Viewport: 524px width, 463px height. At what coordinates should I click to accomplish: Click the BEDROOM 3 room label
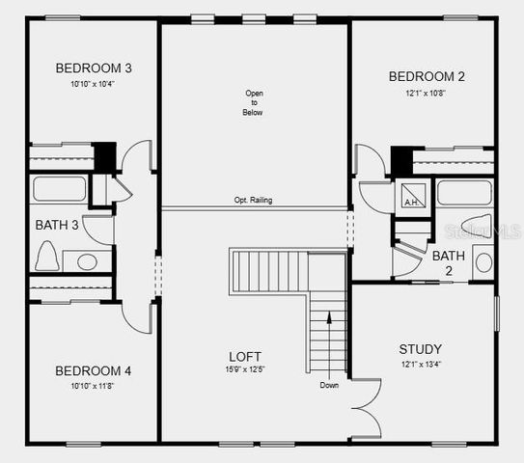94,68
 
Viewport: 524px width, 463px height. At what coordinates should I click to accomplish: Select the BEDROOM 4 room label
93,370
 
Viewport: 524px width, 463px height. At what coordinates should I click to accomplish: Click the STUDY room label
421,348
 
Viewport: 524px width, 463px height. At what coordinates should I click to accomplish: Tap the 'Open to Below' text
253,103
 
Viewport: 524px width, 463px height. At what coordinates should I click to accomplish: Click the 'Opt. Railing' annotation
253,201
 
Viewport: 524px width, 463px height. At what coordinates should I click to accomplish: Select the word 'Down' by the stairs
330,385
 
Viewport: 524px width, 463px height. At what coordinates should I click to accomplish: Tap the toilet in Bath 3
44,256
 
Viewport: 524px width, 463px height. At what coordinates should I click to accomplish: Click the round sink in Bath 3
88,261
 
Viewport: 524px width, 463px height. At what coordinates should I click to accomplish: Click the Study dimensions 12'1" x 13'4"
421,364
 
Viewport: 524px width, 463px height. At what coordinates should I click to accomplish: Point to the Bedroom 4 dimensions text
93,386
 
